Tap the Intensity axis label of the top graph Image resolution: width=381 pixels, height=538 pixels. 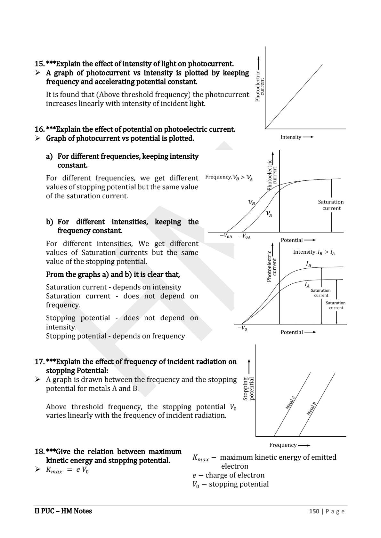(291, 137)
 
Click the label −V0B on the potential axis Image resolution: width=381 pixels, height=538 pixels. (226, 236)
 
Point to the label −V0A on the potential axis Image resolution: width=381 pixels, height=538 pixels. (244, 236)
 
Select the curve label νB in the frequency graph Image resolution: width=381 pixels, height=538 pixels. (252, 202)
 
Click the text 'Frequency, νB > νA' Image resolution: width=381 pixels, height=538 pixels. (229, 178)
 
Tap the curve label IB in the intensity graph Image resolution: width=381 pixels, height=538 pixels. (309, 264)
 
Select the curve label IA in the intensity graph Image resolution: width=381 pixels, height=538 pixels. (307, 284)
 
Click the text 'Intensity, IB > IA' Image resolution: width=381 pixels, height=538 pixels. (314, 252)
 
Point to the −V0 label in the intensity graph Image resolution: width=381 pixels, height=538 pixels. (242, 328)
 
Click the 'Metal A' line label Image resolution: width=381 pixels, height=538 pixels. (290, 403)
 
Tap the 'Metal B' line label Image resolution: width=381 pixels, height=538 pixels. (311, 408)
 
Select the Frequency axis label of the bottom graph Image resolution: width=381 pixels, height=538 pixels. (283, 445)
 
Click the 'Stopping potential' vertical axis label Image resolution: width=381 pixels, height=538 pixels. (248, 389)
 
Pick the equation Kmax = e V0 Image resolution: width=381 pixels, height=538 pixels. (67, 470)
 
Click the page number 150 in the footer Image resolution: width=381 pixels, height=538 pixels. (314, 511)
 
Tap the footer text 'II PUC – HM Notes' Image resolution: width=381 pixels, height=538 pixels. (63, 511)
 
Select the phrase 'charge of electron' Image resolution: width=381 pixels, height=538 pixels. (235, 475)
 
